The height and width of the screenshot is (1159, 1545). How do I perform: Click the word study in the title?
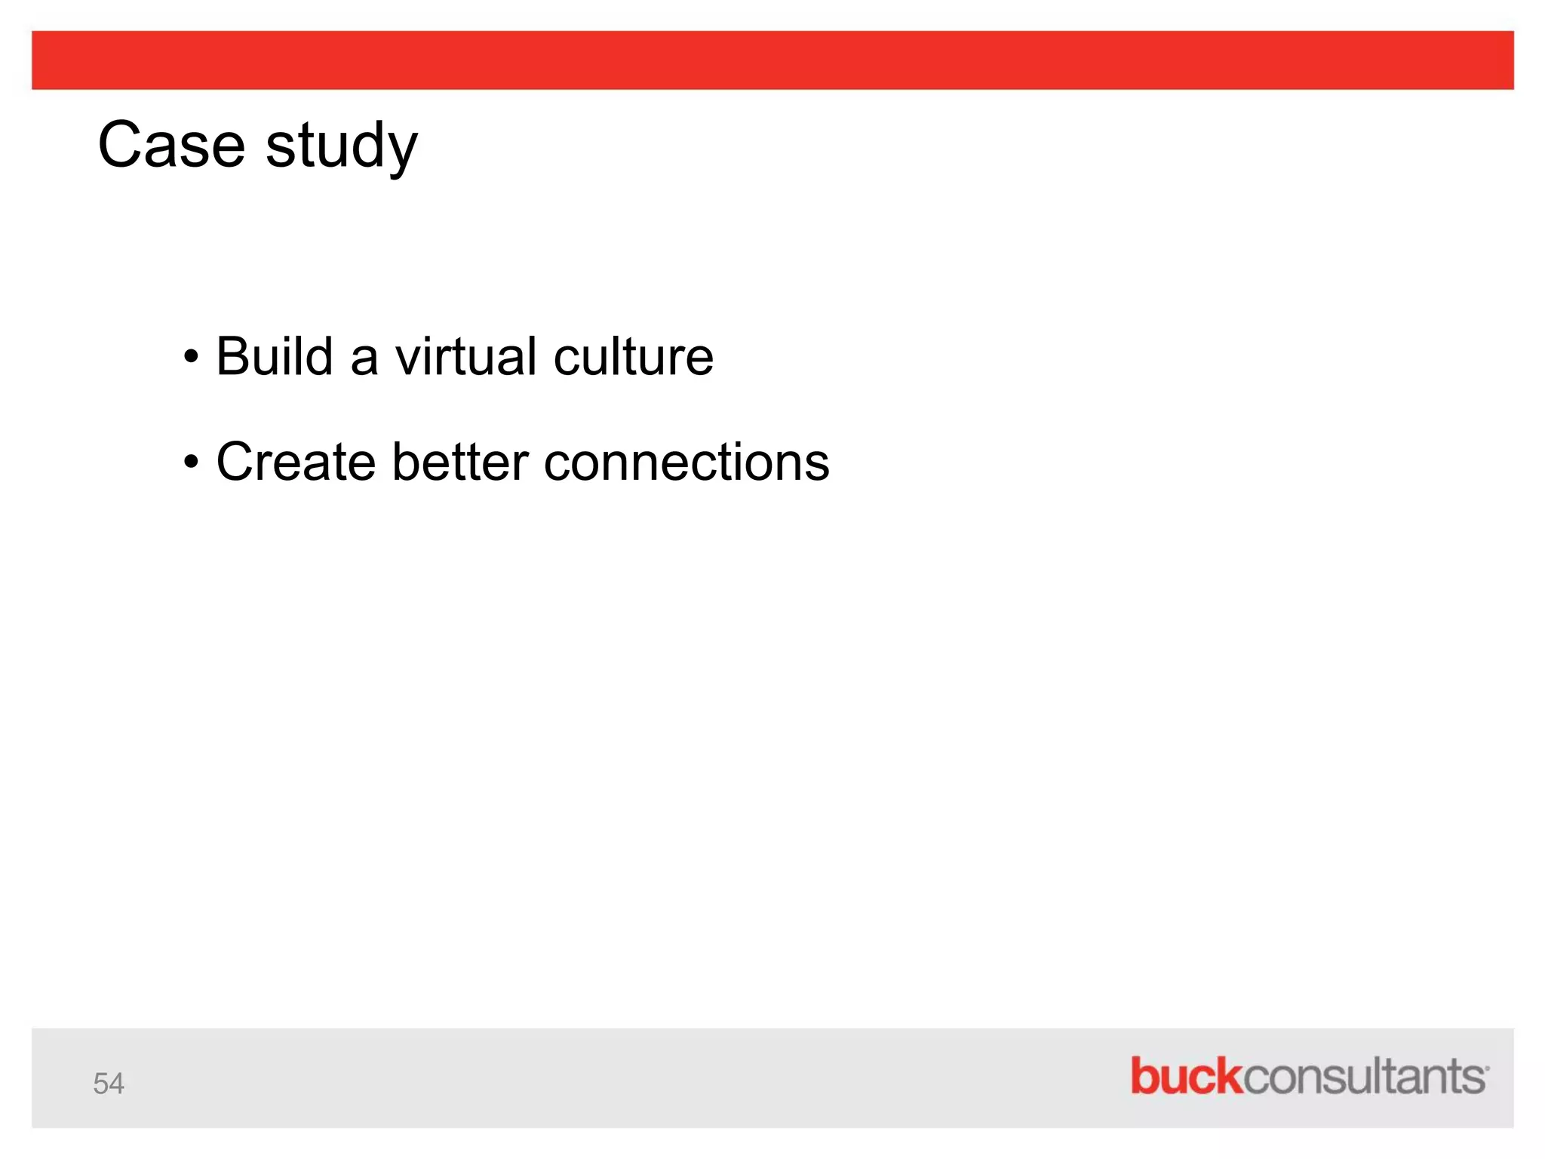[x=341, y=147]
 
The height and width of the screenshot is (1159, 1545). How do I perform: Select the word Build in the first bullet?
[x=274, y=356]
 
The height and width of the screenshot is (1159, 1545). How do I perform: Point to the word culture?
[x=633, y=356]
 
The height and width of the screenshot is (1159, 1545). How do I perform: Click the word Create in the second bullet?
[x=296, y=462]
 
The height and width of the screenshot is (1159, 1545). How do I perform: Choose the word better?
[x=460, y=462]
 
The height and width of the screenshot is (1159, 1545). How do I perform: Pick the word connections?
[x=686, y=462]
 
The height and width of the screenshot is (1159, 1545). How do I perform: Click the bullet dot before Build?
[x=192, y=356]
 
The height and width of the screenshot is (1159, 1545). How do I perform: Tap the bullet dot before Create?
[x=192, y=462]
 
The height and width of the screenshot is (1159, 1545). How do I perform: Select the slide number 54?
[x=109, y=1084]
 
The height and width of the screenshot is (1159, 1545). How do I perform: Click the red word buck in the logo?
[x=1186, y=1076]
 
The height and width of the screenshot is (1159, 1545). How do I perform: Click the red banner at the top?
[x=772, y=60]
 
